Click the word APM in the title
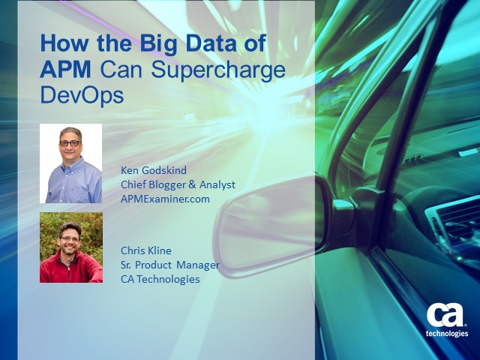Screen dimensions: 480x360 click(65, 70)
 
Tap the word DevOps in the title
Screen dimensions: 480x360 click(82, 97)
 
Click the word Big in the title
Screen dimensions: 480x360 click(158, 44)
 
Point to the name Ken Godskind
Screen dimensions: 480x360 click(154, 170)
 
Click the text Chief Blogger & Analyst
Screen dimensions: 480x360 click(178, 185)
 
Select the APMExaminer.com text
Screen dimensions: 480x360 click(165, 199)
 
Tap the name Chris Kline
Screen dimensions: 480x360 click(146, 250)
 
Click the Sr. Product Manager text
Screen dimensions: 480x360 click(170, 265)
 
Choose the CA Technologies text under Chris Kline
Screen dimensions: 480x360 click(160, 279)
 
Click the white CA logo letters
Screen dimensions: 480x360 click(445, 315)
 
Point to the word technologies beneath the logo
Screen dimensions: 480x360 click(447, 333)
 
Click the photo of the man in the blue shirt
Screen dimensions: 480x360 click(71, 163)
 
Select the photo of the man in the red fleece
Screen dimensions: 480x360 click(71, 247)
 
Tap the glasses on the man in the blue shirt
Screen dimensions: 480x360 click(70, 143)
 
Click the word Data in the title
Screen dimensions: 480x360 click(211, 43)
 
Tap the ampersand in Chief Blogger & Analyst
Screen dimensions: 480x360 click(192, 184)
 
